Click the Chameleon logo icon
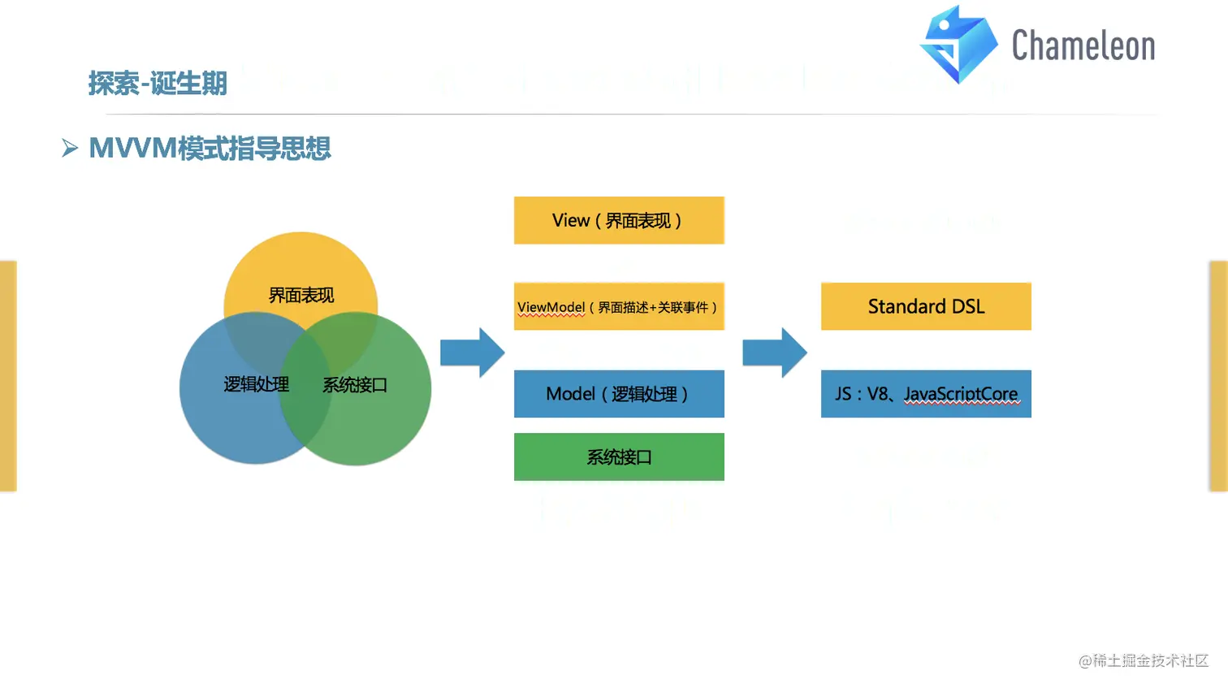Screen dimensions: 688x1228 (x=958, y=45)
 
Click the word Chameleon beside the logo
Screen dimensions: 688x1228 (x=1083, y=45)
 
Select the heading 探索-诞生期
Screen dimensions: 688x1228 (x=158, y=84)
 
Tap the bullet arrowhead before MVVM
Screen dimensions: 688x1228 (x=70, y=148)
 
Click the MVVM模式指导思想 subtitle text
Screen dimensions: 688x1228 (x=210, y=149)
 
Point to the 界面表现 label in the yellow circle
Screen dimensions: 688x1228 (x=301, y=296)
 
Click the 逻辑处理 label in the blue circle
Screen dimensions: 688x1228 (x=256, y=385)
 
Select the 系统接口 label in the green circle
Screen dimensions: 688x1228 (x=355, y=385)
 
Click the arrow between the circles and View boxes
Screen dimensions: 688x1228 (x=472, y=353)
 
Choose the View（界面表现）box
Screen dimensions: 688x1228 (x=619, y=220)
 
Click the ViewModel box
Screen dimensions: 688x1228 (x=619, y=306)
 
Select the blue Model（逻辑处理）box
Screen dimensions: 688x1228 (x=619, y=394)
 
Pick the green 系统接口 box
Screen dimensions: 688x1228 (x=619, y=457)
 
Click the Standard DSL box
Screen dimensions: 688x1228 (x=926, y=306)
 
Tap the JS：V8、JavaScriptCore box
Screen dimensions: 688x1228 (x=926, y=394)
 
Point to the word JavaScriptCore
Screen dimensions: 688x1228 (x=961, y=395)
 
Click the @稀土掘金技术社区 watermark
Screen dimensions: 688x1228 (x=1143, y=661)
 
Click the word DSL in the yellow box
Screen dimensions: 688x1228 (x=968, y=306)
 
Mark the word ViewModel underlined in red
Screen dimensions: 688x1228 (x=551, y=308)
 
